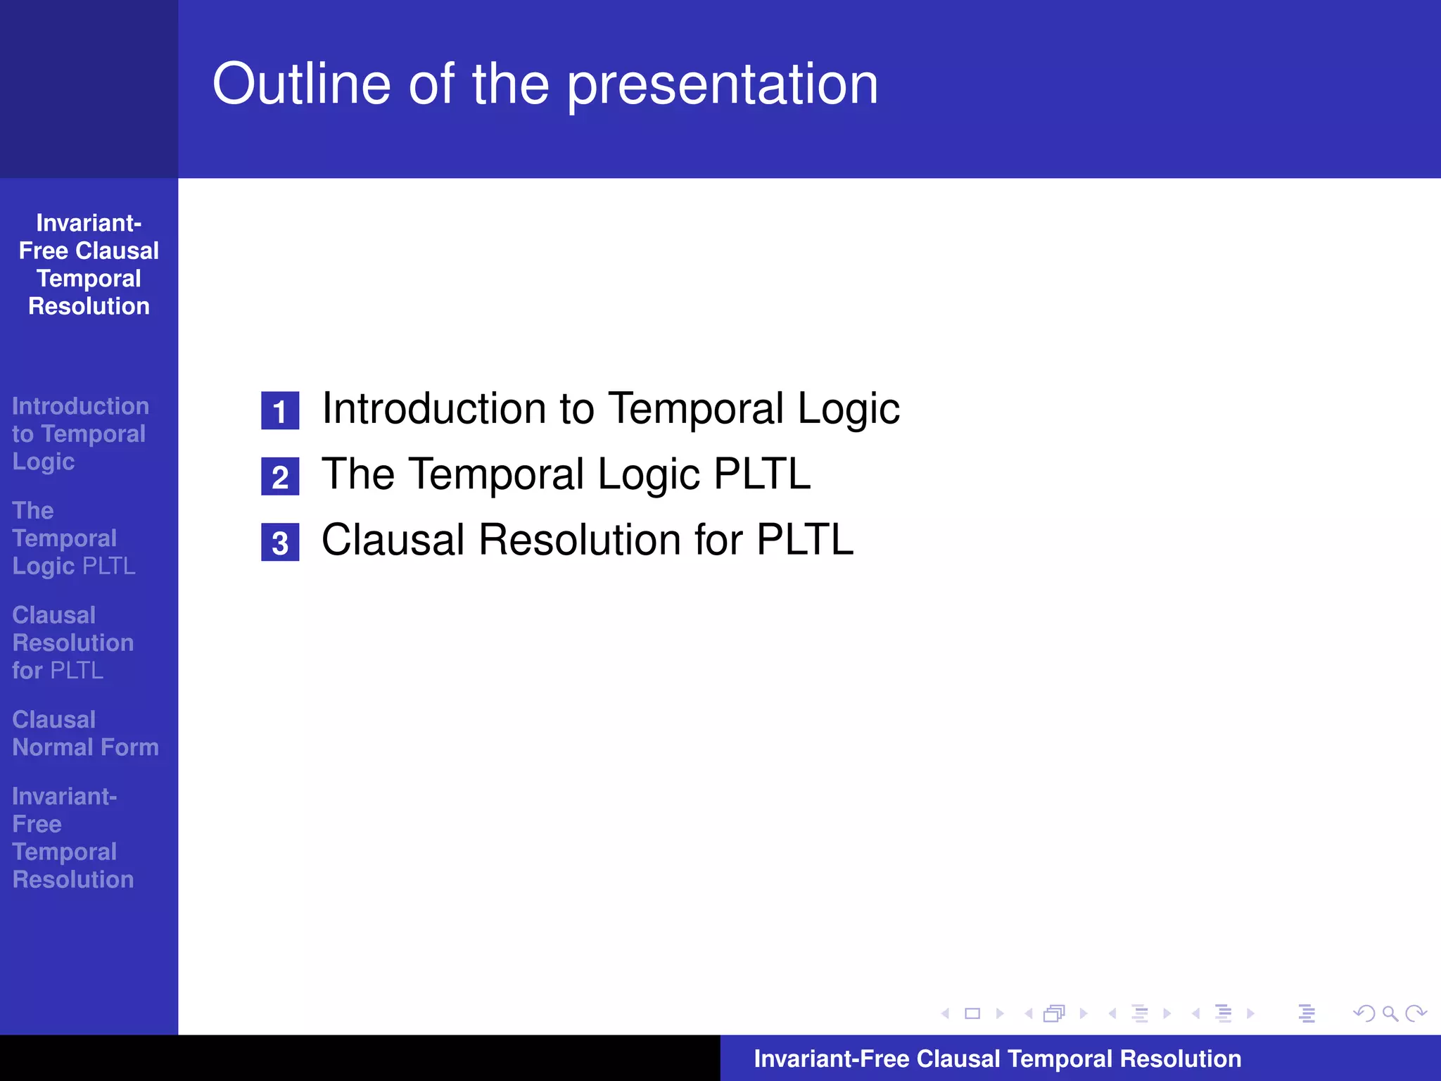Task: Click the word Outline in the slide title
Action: (301, 84)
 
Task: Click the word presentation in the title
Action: (723, 84)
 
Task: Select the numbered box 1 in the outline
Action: (280, 411)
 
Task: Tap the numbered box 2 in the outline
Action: (280, 477)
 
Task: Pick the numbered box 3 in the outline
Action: (280, 543)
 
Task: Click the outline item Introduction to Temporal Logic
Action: (610, 409)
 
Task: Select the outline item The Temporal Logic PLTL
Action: (566, 474)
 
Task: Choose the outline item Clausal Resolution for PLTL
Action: (587, 540)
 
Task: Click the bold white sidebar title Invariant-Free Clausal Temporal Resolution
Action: (89, 265)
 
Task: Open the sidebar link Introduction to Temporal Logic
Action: (80, 434)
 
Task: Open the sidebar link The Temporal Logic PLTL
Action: (73, 538)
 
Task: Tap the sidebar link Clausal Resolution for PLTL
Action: (72, 643)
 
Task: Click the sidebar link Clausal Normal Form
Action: (85, 733)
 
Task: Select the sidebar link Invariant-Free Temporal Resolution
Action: (72, 837)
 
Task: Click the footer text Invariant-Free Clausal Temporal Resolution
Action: (997, 1058)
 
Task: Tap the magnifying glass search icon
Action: (1390, 1013)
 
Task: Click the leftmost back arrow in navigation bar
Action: (945, 1013)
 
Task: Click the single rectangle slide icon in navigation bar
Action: (972, 1013)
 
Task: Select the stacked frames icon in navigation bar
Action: (1054, 1013)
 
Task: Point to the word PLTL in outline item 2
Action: (761, 474)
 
